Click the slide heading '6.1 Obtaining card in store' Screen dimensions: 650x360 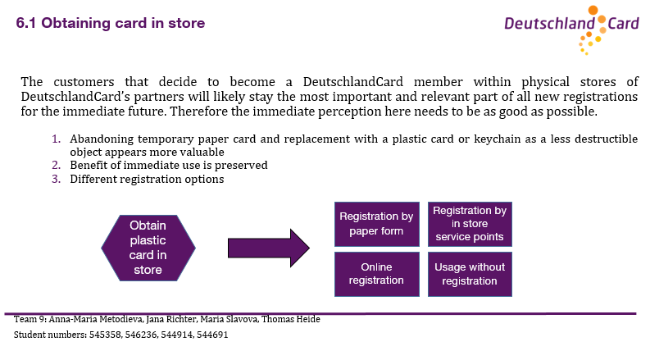[x=111, y=23]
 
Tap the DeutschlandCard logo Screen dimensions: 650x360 [x=571, y=30]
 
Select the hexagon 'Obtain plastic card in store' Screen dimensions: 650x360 [x=148, y=248]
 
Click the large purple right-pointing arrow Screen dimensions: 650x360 [x=269, y=248]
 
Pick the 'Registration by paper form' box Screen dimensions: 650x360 [x=377, y=224]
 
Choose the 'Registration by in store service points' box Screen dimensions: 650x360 [x=470, y=224]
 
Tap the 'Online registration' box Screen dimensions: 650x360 [x=377, y=274]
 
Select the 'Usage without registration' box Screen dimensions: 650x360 [x=470, y=274]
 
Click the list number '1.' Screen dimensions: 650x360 [x=57, y=139]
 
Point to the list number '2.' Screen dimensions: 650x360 [x=57, y=166]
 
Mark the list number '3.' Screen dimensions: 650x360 [x=57, y=179]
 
